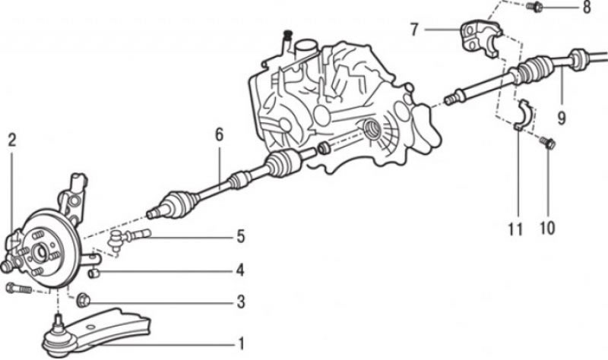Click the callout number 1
[x=241, y=344]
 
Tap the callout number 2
[x=12, y=140]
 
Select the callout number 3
[x=241, y=302]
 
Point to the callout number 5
[x=241, y=236]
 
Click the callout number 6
[x=220, y=135]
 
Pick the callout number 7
[x=414, y=30]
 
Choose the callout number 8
[x=587, y=7]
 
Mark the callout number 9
[x=562, y=118]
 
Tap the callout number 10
[x=547, y=229]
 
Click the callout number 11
[x=515, y=229]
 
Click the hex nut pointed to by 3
[x=84, y=300]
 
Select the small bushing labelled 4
[x=94, y=273]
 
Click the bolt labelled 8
[x=534, y=7]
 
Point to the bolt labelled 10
[x=547, y=142]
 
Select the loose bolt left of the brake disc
[x=18, y=289]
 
